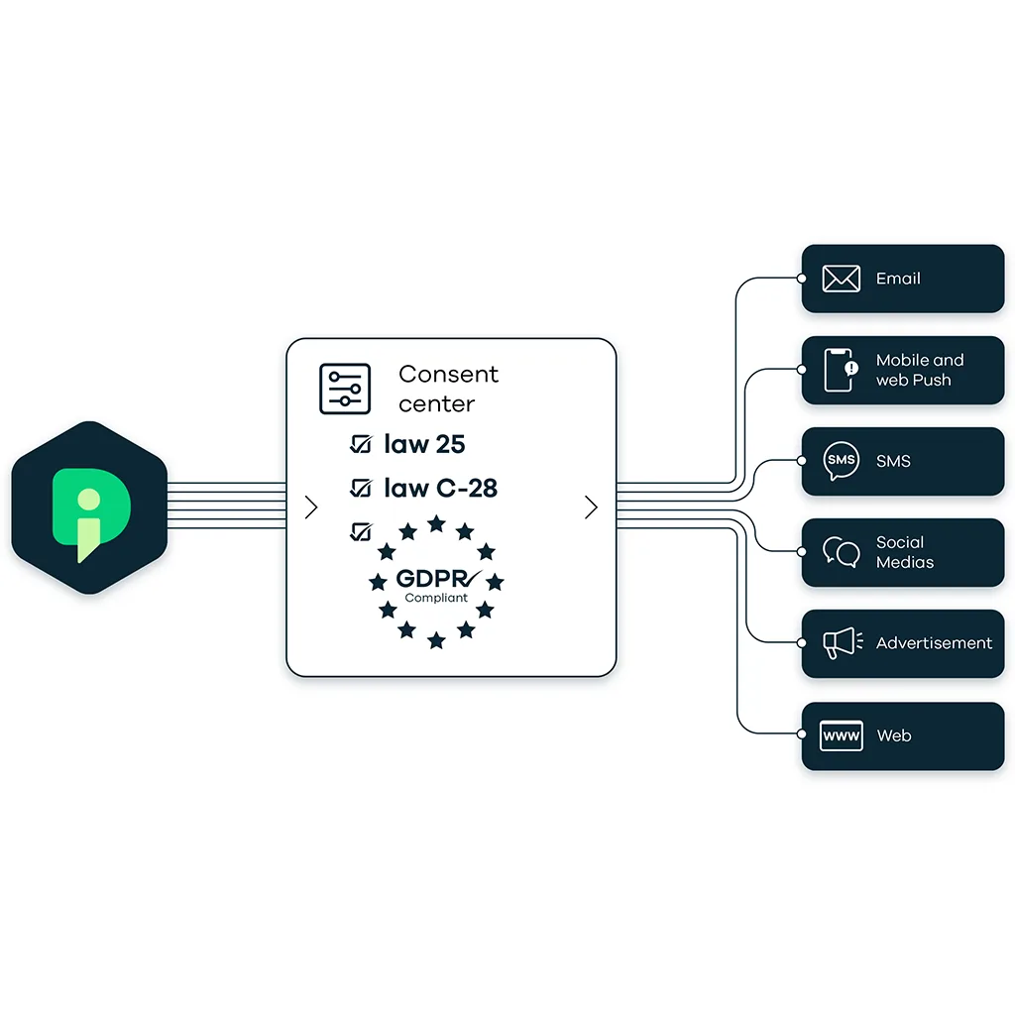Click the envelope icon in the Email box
pyautogui.click(x=841, y=279)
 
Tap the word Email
pyautogui.click(x=898, y=279)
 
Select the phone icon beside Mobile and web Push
pyautogui.click(x=840, y=370)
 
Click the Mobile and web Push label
pyautogui.click(x=919, y=370)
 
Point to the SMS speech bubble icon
pyautogui.click(x=841, y=461)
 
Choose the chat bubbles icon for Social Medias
pyautogui.click(x=841, y=552)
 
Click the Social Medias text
pyautogui.click(x=904, y=552)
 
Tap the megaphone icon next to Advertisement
pyautogui.click(x=842, y=643)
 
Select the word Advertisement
pyautogui.click(x=934, y=643)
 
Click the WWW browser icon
pyautogui.click(x=841, y=735)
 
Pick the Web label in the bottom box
pyautogui.click(x=893, y=735)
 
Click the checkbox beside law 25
pyautogui.click(x=361, y=445)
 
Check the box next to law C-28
pyautogui.click(x=361, y=488)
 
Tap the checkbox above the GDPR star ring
pyautogui.click(x=361, y=531)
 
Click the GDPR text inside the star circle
pyautogui.click(x=432, y=579)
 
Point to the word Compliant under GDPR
pyautogui.click(x=436, y=598)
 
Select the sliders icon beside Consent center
pyautogui.click(x=344, y=389)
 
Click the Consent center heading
pyautogui.click(x=448, y=389)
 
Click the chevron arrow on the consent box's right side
pyautogui.click(x=592, y=507)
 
